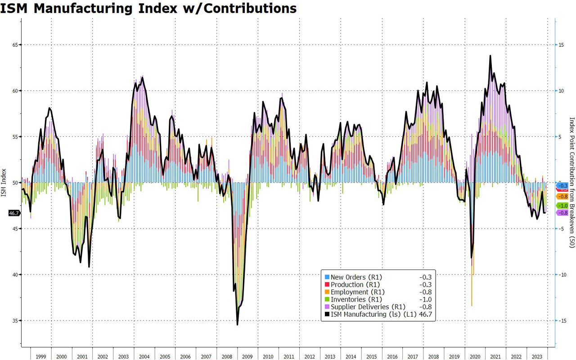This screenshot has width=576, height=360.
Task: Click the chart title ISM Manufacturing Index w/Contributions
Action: pos(148,8)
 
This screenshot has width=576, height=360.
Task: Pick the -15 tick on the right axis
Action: pos(562,321)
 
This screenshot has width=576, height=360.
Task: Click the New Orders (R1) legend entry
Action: pos(356,277)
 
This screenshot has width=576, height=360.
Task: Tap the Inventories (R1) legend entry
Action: pos(356,299)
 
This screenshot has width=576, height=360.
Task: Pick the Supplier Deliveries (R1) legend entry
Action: pos(368,307)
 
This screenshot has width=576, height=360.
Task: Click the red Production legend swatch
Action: pos(327,285)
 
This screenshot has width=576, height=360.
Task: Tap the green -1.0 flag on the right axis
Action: pos(562,205)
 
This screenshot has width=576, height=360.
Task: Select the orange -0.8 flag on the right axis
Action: pos(562,197)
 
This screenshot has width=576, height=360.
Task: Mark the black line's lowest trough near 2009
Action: pos(237,324)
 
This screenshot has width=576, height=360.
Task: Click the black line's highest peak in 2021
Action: pos(490,56)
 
